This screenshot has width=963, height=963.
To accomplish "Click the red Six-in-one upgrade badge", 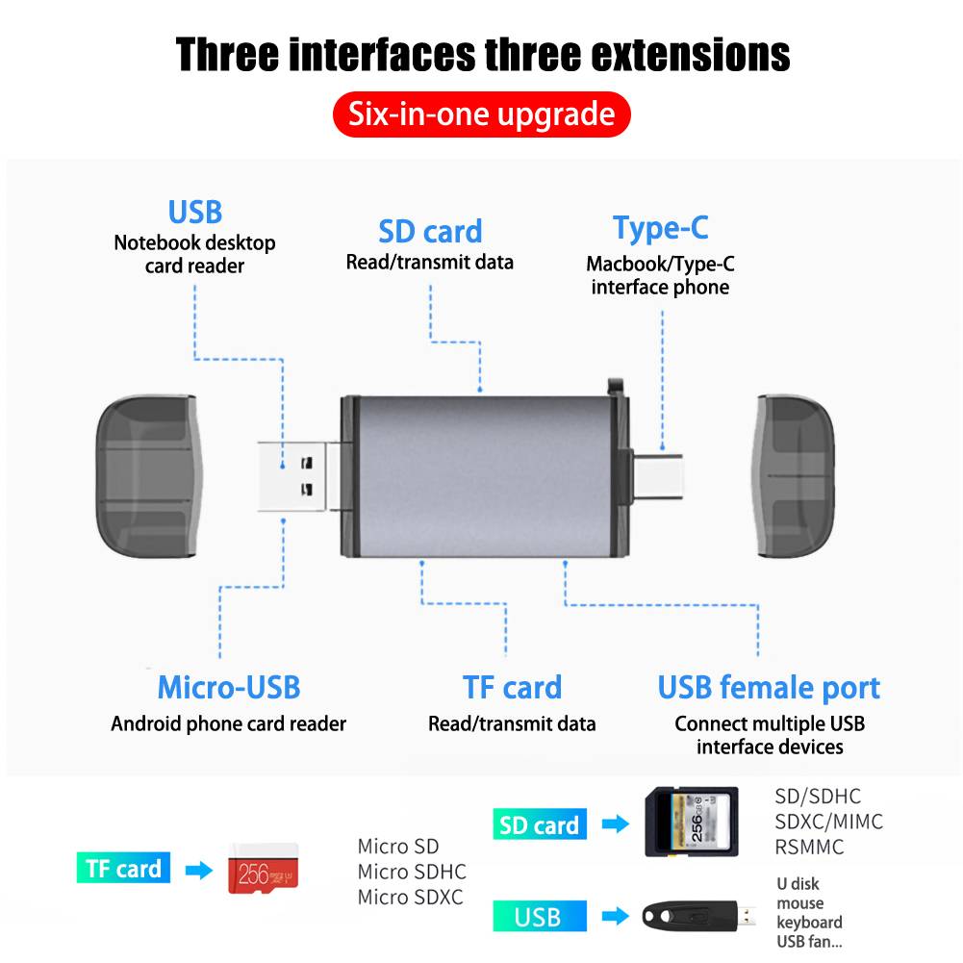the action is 481,114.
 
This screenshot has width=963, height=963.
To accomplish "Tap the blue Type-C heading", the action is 660,228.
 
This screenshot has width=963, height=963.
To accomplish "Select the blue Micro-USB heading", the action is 228,687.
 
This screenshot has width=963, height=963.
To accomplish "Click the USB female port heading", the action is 769,688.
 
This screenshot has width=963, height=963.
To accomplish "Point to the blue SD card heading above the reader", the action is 430,232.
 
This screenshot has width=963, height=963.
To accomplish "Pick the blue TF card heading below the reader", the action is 512,687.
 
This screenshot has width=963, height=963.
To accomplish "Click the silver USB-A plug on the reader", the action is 292,476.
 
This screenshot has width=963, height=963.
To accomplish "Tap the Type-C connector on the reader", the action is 657,477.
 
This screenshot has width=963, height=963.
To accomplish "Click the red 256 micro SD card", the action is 263,869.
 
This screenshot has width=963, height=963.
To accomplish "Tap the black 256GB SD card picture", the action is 691,822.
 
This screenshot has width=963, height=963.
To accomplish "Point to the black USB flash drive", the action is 697,916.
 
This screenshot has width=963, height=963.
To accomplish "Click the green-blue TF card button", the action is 123,868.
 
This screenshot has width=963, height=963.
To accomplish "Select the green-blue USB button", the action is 540,916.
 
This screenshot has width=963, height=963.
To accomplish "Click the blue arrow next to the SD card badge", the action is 616,824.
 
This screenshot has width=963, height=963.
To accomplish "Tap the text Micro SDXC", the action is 410,898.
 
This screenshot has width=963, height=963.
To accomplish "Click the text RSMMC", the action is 809,847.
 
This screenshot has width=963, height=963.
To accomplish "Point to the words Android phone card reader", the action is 228,724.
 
